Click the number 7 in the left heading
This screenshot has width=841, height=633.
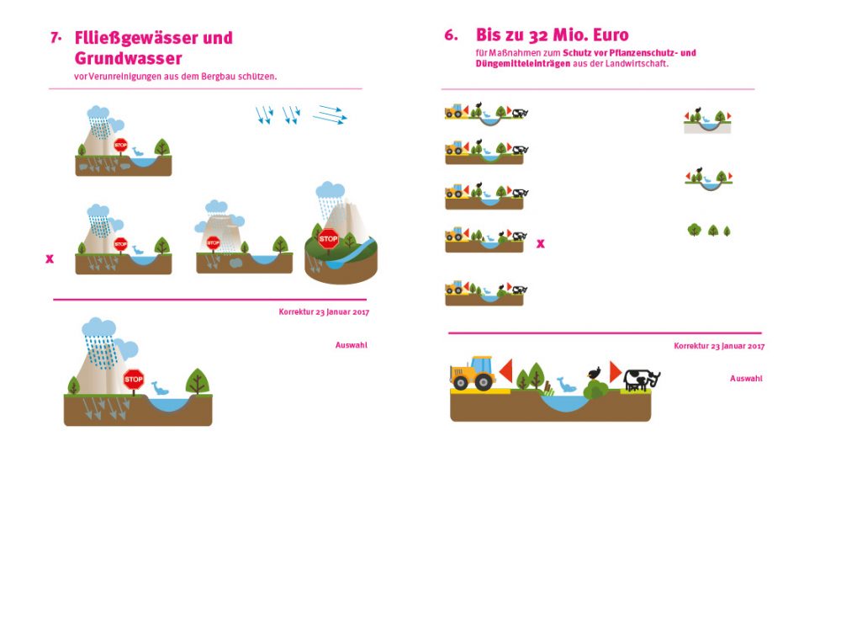pos(56,38)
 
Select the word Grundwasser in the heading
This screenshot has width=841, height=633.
pos(128,58)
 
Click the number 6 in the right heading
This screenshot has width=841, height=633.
pos(451,35)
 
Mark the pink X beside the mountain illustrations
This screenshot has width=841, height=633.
pos(50,259)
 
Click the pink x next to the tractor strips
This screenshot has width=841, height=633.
pos(541,244)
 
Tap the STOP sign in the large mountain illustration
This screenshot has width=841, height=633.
pos(134,380)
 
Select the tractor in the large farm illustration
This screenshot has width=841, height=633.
pos(473,373)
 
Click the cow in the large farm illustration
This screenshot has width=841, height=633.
pos(642,380)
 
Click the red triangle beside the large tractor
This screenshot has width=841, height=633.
pos(505,370)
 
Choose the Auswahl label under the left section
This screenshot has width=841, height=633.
pos(351,345)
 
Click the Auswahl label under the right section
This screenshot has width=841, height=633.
pos(746,379)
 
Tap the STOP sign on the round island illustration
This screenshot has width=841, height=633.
pos(328,238)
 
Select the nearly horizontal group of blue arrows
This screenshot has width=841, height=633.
pos(330,114)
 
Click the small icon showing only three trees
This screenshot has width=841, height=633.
pos(710,230)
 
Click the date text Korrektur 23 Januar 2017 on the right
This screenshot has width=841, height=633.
pos(718,346)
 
